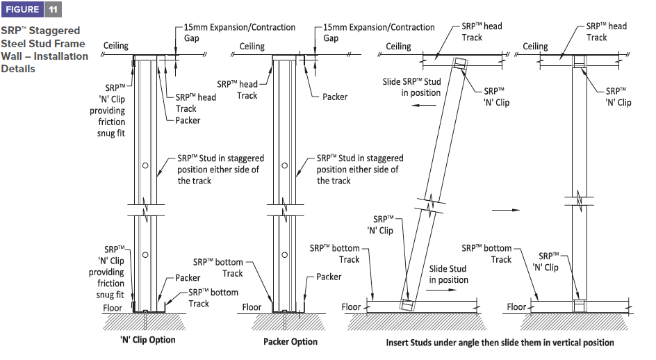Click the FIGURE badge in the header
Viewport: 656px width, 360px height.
(22, 9)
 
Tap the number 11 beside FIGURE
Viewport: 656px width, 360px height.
(54, 9)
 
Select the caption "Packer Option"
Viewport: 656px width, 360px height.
(290, 341)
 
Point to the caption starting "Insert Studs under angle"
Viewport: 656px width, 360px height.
(500, 343)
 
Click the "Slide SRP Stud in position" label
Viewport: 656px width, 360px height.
(411, 87)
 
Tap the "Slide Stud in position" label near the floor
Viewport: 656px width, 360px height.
(448, 274)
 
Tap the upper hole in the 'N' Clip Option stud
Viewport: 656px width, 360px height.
(145, 165)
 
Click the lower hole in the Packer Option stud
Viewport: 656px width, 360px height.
(284, 254)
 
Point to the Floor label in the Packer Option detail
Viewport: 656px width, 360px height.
(252, 306)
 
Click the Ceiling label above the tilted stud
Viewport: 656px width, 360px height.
(398, 47)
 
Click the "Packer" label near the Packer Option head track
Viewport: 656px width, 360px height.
(335, 97)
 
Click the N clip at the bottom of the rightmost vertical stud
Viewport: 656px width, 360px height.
(579, 305)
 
